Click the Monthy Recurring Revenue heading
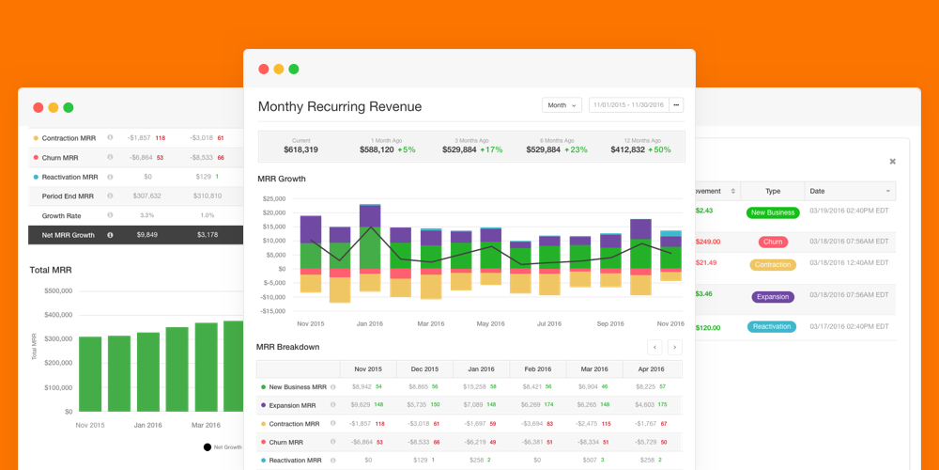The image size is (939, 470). click(x=340, y=106)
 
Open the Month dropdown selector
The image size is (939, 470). click(x=562, y=105)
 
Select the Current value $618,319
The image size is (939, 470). click(x=300, y=149)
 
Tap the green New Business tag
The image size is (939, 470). click(x=773, y=212)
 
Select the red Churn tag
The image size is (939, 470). click(x=773, y=242)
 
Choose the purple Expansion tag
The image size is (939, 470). click(x=773, y=296)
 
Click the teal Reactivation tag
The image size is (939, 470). click(x=773, y=327)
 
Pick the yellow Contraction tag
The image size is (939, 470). click(x=773, y=265)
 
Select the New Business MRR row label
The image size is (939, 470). click(x=298, y=386)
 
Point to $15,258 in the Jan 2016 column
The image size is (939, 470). click(x=473, y=386)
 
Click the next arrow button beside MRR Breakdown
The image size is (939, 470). click(x=674, y=347)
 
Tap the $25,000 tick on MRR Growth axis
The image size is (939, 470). click(x=273, y=198)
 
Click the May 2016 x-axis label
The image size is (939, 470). click(x=490, y=323)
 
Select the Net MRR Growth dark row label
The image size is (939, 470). click(x=69, y=234)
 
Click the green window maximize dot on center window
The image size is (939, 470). click(x=294, y=69)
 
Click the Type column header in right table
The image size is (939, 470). click(x=773, y=191)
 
